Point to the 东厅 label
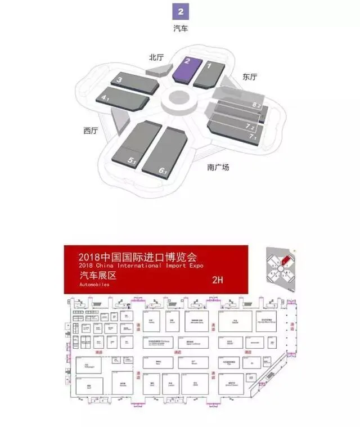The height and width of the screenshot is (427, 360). [250, 77]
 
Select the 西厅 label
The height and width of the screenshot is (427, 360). [90, 131]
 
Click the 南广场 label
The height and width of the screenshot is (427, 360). [218, 167]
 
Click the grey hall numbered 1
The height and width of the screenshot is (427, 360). [209, 73]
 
